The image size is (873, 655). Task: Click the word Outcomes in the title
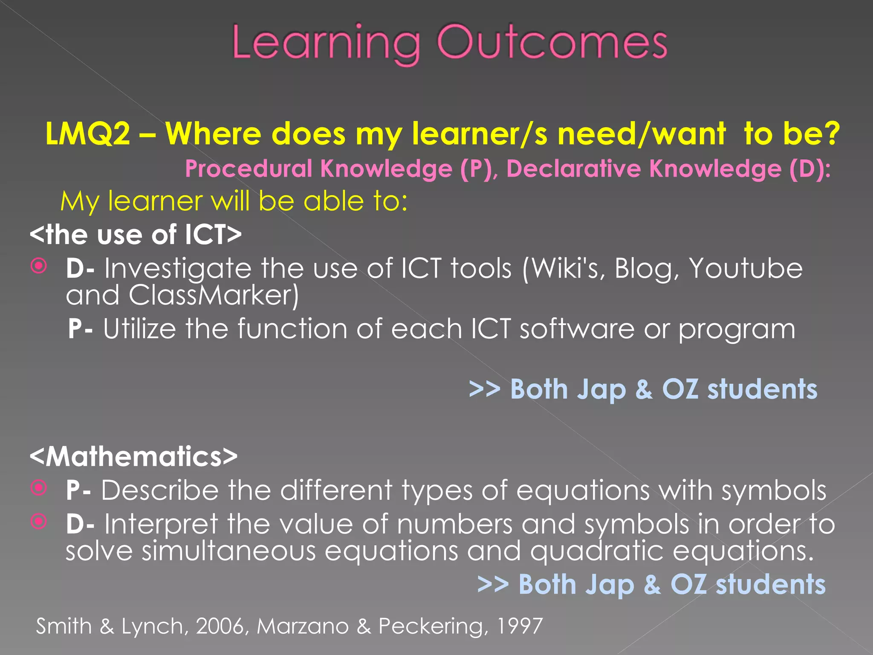click(552, 43)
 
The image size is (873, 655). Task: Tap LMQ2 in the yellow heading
click(87, 134)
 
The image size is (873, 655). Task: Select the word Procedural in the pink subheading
click(249, 168)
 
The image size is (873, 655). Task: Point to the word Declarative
click(573, 168)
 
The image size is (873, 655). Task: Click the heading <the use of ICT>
click(136, 235)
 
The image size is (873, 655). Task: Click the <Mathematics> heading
click(133, 456)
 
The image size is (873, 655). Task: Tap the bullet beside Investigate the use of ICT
click(39, 267)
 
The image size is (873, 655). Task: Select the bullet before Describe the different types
click(39, 488)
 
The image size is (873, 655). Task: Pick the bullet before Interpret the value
click(39, 521)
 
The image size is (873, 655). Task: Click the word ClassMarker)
click(214, 295)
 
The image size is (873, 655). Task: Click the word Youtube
click(746, 269)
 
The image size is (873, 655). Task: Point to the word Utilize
click(139, 329)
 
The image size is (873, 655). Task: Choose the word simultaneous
click(228, 551)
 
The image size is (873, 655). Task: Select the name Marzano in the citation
click(302, 626)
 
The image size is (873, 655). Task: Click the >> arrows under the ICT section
click(484, 389)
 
